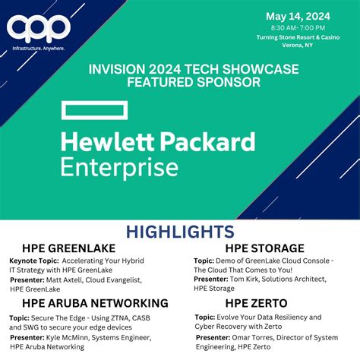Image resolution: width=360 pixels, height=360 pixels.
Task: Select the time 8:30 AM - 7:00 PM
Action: coord(298,29)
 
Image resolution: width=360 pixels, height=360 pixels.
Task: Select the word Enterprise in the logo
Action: coord(120,166)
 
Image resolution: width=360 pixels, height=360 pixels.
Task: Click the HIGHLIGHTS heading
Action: coord(180,231)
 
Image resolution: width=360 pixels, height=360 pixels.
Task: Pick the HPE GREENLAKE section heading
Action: coord(59,248)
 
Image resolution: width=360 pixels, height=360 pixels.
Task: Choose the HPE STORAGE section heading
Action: coord(265,248)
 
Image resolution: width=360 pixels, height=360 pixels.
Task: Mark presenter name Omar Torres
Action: coord(256,336)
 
